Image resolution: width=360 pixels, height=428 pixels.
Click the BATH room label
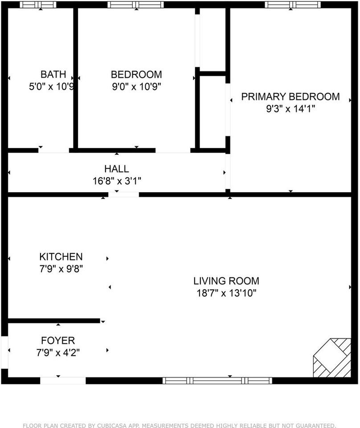click(53, 74)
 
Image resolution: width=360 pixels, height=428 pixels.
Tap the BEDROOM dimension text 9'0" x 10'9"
click(136, 86)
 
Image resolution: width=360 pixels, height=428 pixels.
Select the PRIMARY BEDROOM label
click(290, 97)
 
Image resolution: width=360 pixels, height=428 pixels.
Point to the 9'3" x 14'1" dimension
click(290, 109)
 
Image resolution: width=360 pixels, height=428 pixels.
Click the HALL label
click(116, 169)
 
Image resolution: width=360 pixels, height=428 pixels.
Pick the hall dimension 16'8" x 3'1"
click(116, 181)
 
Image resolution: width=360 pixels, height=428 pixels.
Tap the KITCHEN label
click(61, 257)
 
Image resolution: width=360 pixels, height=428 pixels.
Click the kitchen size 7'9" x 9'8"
click(61, 268)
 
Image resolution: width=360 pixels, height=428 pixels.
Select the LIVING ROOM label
click(226, 281)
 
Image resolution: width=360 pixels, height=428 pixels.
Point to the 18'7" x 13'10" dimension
click(226, 293)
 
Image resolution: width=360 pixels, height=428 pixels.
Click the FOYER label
click(58, 341)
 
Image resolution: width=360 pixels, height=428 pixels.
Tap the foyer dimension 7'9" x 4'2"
click(58, 352)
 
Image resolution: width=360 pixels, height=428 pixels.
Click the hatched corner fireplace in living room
click(332, 358)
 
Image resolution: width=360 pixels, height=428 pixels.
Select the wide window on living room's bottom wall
click(217, 380)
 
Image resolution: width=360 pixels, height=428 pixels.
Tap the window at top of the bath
click(38, 5)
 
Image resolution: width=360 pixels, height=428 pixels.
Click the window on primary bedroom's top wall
click(292, 5)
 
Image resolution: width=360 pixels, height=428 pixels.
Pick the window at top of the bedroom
click(135, 5)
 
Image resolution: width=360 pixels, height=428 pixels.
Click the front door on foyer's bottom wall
click(63, 380)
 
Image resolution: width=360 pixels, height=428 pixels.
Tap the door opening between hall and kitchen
click(123, 194)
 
